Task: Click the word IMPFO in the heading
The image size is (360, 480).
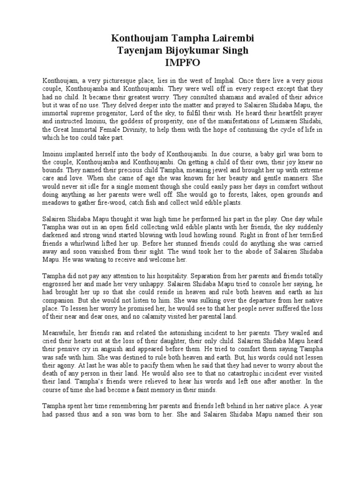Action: click(x=180, y=62)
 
